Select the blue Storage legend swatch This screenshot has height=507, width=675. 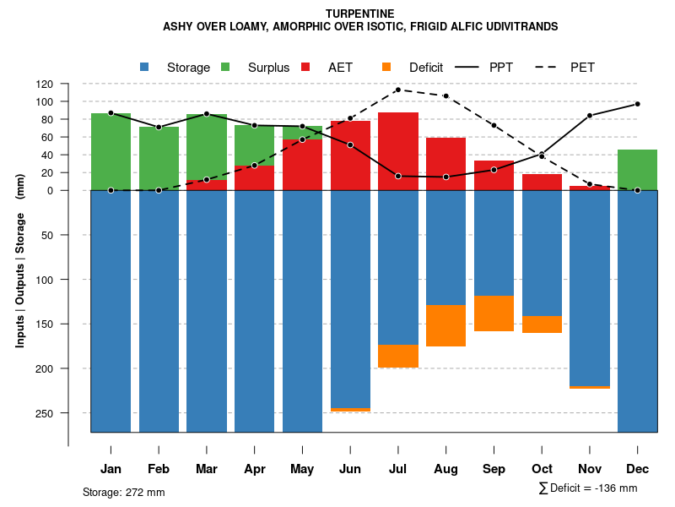click(144, 67)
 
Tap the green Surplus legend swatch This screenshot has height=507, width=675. click(225, 67)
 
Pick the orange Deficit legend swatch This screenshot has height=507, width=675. click(386, 67)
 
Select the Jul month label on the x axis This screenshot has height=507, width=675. click(398, 469)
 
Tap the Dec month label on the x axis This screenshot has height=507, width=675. click(637, 469)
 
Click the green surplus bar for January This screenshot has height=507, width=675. click(111, 152)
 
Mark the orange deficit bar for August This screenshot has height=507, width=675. click(445, 325)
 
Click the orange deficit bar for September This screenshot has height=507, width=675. click(494, 313)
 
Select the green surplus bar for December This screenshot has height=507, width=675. click(637, 170)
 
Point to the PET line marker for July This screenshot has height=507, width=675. click(398, 90)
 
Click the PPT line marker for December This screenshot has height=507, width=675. click(637, 104)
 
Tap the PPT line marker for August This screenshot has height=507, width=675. click(445, 177)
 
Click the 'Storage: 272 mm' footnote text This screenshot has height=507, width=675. click(124, 492)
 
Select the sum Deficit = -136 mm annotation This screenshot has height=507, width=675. click(587, 488)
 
